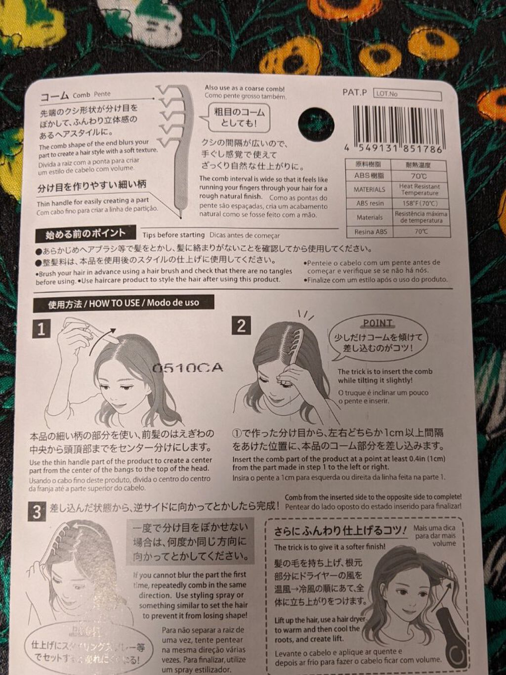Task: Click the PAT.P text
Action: coord(354,92)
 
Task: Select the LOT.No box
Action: coord(408,94)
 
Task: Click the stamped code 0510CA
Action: coord(187,368)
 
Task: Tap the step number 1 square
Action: coord(42,328)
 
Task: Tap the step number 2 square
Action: coord(241,325)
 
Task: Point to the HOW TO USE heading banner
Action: coord(124,303)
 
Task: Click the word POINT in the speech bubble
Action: coord(378,323)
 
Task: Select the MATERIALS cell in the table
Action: coord(369,189)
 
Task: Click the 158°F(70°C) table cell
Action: coord(419,203)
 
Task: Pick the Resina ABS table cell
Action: coord(370,232)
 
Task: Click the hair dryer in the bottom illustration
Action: coord(452,638)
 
